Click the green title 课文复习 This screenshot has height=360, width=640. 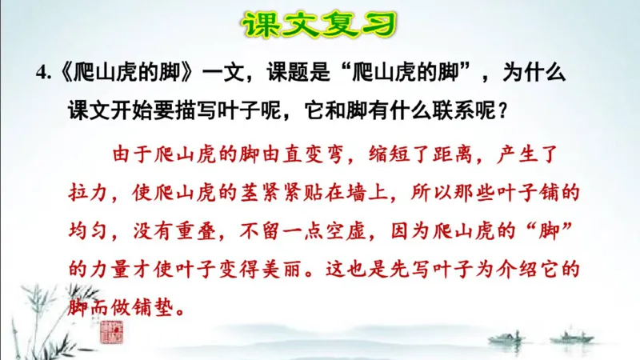(x=319, y=25)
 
